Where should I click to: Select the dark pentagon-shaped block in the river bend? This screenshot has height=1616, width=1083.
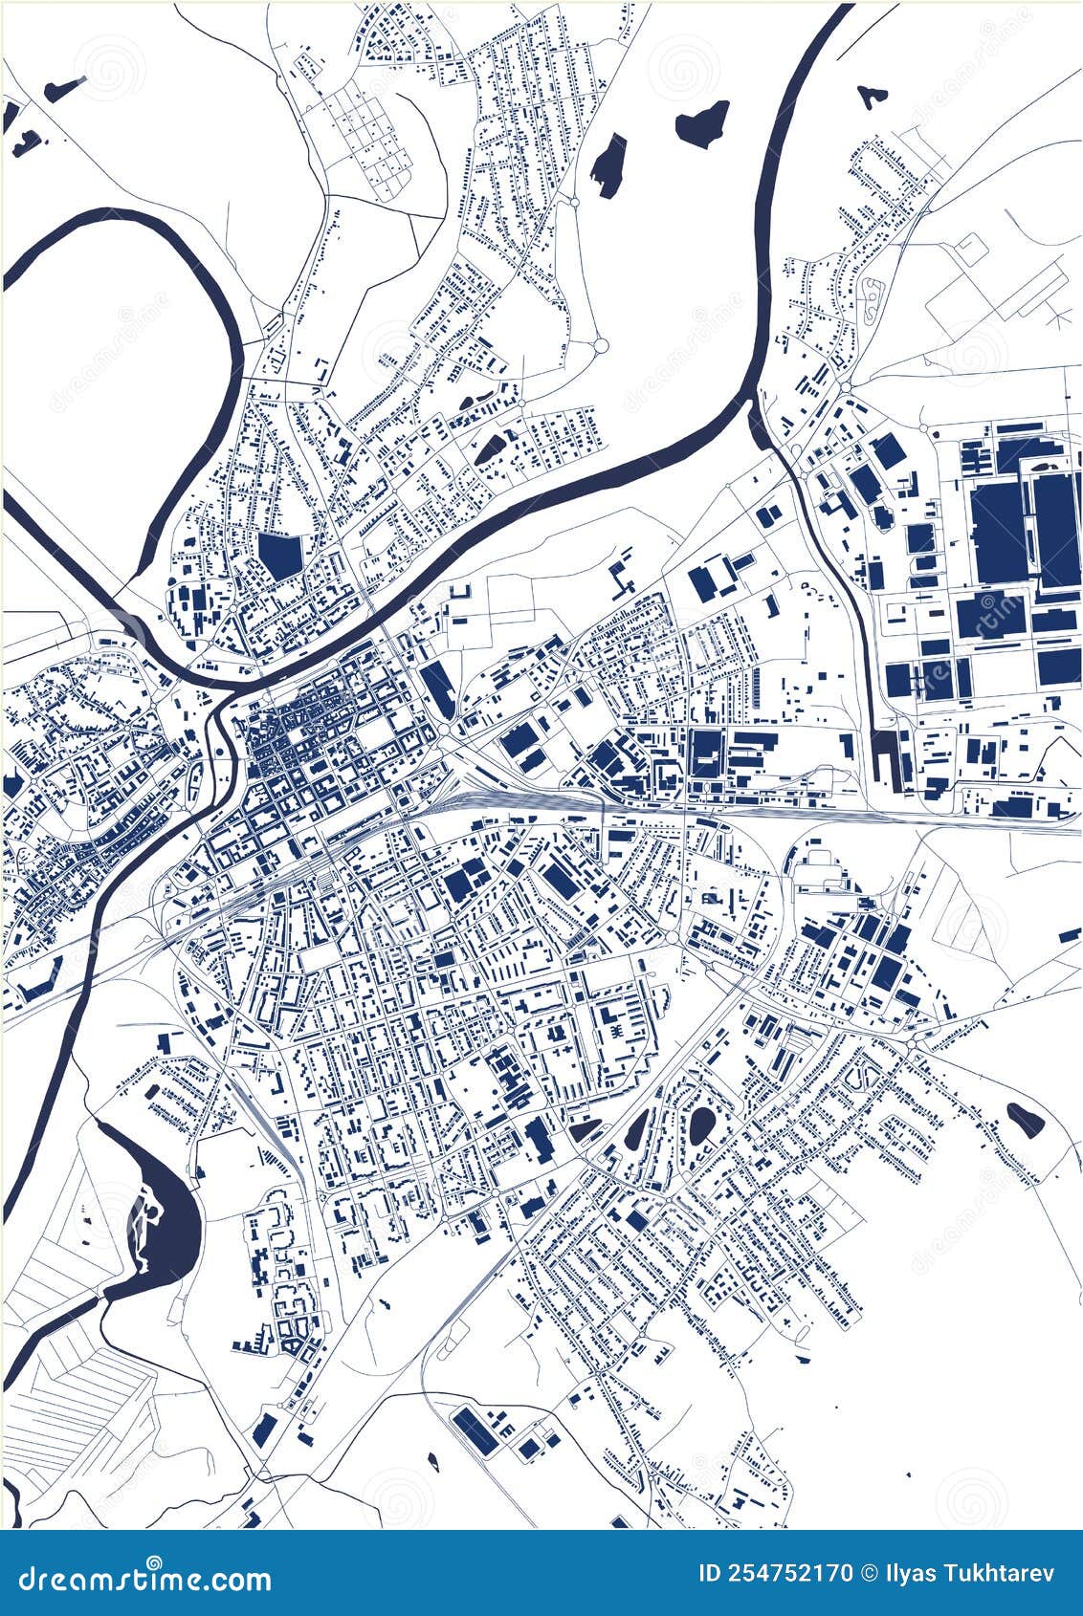pos(280,555)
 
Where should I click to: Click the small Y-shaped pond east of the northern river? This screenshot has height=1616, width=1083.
pos(869,96)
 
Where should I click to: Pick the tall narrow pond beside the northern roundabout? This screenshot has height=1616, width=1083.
pos(608,164)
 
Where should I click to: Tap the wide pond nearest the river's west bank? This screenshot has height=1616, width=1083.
pos(701,121)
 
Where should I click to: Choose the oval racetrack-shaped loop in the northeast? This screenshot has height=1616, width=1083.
pos(872,300)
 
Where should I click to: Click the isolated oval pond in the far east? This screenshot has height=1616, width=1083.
pos(1024,1119)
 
